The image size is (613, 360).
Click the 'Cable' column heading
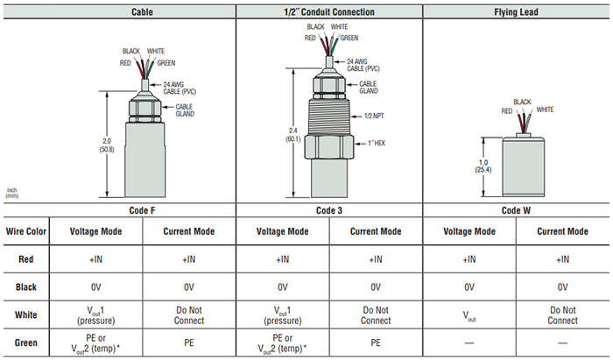(141, 11)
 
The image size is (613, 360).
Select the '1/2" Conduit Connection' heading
(329, 11)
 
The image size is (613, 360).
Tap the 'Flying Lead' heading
(517, 11)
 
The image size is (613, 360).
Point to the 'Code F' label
(141, 211)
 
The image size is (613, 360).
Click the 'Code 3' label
(329, 211)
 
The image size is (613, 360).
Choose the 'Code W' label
(517, 211)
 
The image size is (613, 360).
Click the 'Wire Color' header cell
(25, 231)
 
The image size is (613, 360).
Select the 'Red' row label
(25, 259)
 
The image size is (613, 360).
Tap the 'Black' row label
(25, 286)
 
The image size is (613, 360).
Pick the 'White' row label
(25, 314)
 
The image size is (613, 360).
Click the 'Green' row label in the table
(25, 343)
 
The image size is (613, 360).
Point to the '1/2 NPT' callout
(375, 116)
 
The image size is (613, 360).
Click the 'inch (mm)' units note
(12, 193)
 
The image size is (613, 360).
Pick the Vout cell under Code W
(469, 314)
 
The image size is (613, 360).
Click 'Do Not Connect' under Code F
(188, 314)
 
